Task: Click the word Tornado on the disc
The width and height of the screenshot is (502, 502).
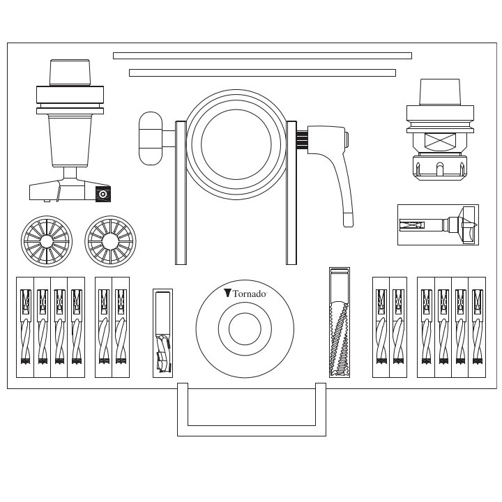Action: click(x=249, y=294)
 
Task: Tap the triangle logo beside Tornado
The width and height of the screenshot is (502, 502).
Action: click(x=227, y=294)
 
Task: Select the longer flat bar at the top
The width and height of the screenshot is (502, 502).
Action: click(x=262, y=56)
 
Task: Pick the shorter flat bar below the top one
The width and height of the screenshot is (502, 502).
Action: click(x=262, y=73)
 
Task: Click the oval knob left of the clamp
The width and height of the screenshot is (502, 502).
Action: click(x=150, y=138)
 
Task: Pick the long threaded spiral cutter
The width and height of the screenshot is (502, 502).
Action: click(x=339, y=322)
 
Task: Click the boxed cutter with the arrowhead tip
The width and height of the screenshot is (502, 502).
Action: click(x=438, y=225)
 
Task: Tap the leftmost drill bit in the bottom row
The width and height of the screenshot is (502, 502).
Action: click(x=25, y=327)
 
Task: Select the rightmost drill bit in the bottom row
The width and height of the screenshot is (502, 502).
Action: click(x=477, y=327)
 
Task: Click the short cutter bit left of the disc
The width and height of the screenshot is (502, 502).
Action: click(x=162, y=333)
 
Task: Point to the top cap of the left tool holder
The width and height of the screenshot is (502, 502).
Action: click(x=70, y=72)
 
